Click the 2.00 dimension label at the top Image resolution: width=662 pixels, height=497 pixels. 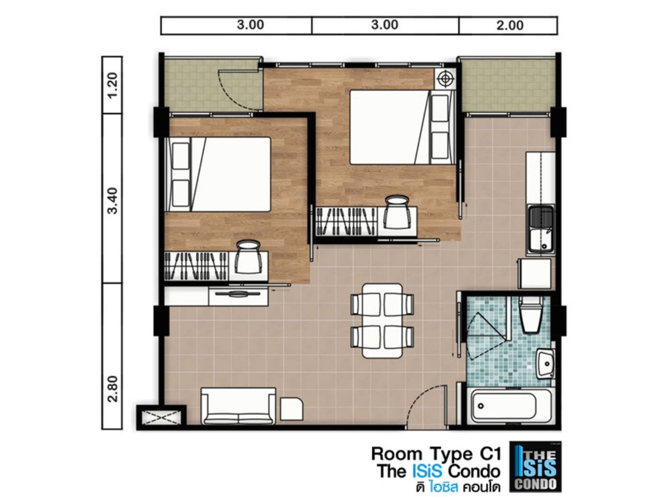(x=510, y=25)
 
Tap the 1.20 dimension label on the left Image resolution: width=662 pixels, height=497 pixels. (x=113, y=85)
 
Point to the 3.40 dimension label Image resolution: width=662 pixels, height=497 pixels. (x=113, y=201)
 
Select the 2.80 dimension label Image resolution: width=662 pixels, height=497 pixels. (x=113, y=389)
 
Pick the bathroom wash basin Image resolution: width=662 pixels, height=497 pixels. (x=545, y=363)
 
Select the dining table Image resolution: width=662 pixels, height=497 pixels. (x=382, y=320)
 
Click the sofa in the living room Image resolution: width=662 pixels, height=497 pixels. (x=238, y=406)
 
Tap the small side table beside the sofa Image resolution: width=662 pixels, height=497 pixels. (x=291, y=408)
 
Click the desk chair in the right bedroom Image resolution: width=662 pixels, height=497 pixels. (x=398, y=212)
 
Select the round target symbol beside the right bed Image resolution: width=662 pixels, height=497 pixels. (x=445, y=79)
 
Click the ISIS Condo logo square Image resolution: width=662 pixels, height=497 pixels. (x=535, y=466)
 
